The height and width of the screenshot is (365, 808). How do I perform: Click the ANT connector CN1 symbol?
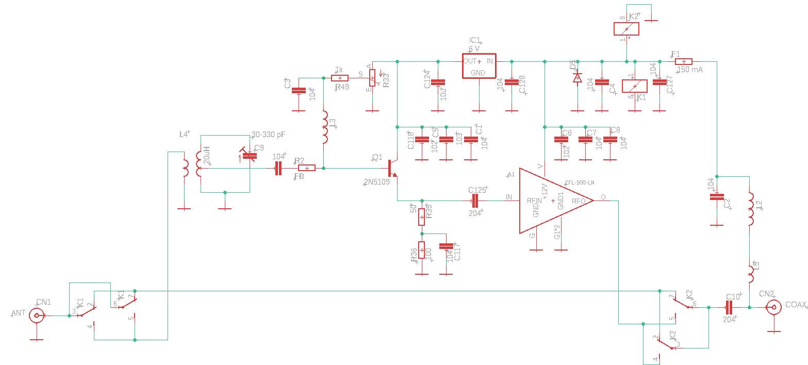37,316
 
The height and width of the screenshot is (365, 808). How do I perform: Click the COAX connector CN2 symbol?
773,308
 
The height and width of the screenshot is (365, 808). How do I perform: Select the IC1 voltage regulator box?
479,65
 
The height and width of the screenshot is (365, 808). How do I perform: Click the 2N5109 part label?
377,181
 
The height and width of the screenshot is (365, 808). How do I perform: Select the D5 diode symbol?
578,78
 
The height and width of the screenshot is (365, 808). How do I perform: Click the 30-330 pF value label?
268,135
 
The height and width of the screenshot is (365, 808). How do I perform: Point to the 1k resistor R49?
339,78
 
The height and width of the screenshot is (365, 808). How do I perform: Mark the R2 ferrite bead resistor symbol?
307,168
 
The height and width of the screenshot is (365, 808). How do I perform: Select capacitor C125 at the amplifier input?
475,201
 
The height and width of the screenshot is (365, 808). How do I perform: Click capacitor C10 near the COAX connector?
729,308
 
